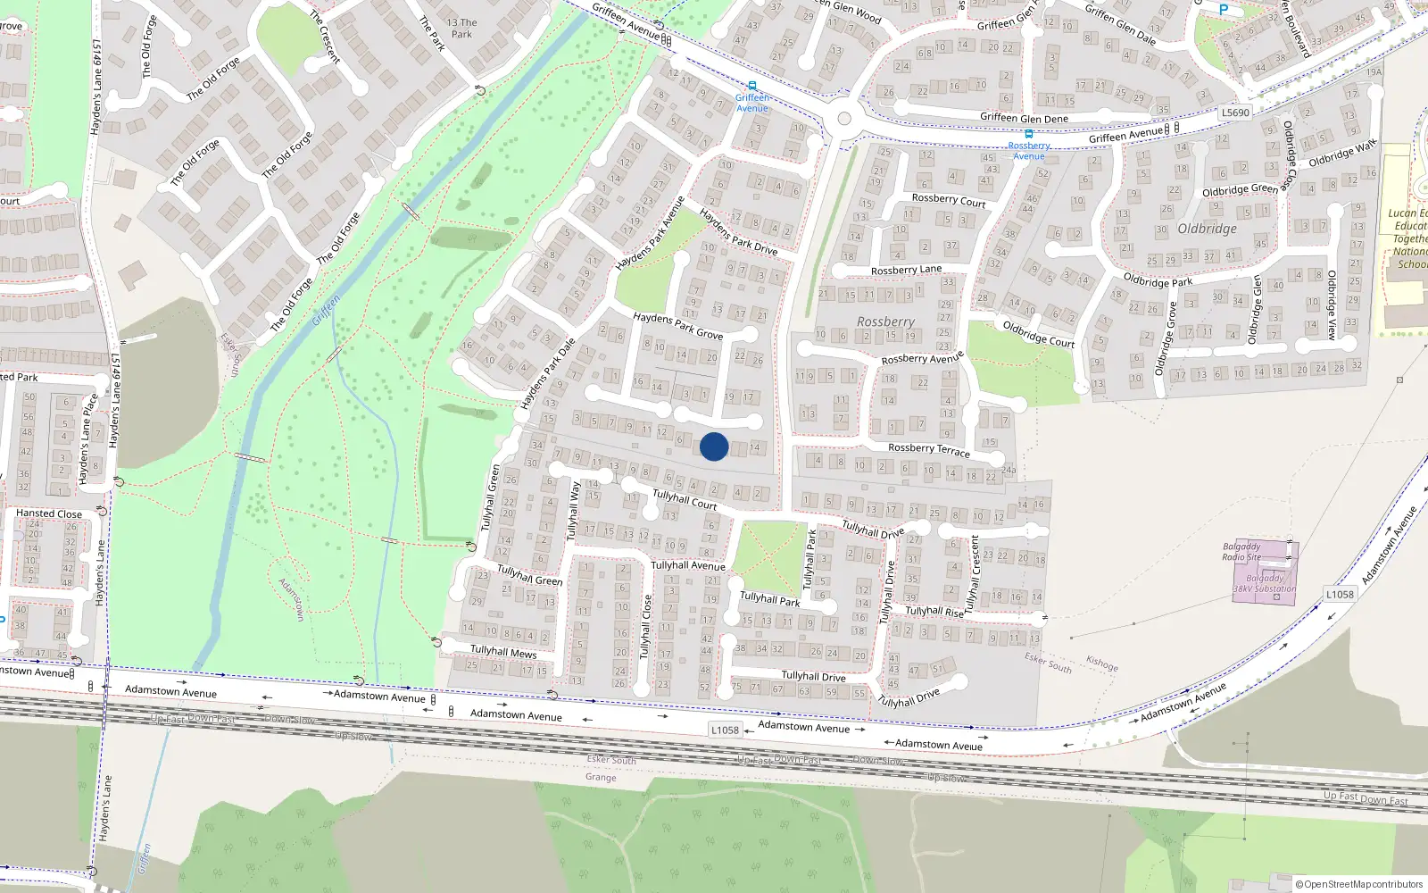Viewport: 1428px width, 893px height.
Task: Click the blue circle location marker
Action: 714,446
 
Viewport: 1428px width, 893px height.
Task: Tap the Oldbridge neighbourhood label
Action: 1207,229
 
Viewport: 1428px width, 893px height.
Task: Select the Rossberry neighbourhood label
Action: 885,321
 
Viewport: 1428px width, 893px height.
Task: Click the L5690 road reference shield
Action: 1235,113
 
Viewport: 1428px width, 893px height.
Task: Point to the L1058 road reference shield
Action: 725,730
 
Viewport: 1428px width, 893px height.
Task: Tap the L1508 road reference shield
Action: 1340,594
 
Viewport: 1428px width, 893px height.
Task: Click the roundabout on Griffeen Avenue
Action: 844,119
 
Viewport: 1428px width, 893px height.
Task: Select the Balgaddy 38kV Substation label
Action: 1265,583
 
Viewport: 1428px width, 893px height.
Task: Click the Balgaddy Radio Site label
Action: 1241,552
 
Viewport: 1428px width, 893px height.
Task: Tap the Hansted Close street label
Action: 48,513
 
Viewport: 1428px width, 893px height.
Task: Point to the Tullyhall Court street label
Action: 685,499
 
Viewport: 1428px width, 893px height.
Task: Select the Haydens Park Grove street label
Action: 677,325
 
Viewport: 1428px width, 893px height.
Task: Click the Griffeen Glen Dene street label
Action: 1024,118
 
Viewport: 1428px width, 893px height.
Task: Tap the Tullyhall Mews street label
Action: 503,651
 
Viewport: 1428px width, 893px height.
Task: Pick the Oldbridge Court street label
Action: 1038,334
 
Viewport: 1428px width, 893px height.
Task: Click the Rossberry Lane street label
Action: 906,270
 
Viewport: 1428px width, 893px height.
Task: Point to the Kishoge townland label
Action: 1102,663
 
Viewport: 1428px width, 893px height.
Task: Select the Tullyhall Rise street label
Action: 934,612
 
